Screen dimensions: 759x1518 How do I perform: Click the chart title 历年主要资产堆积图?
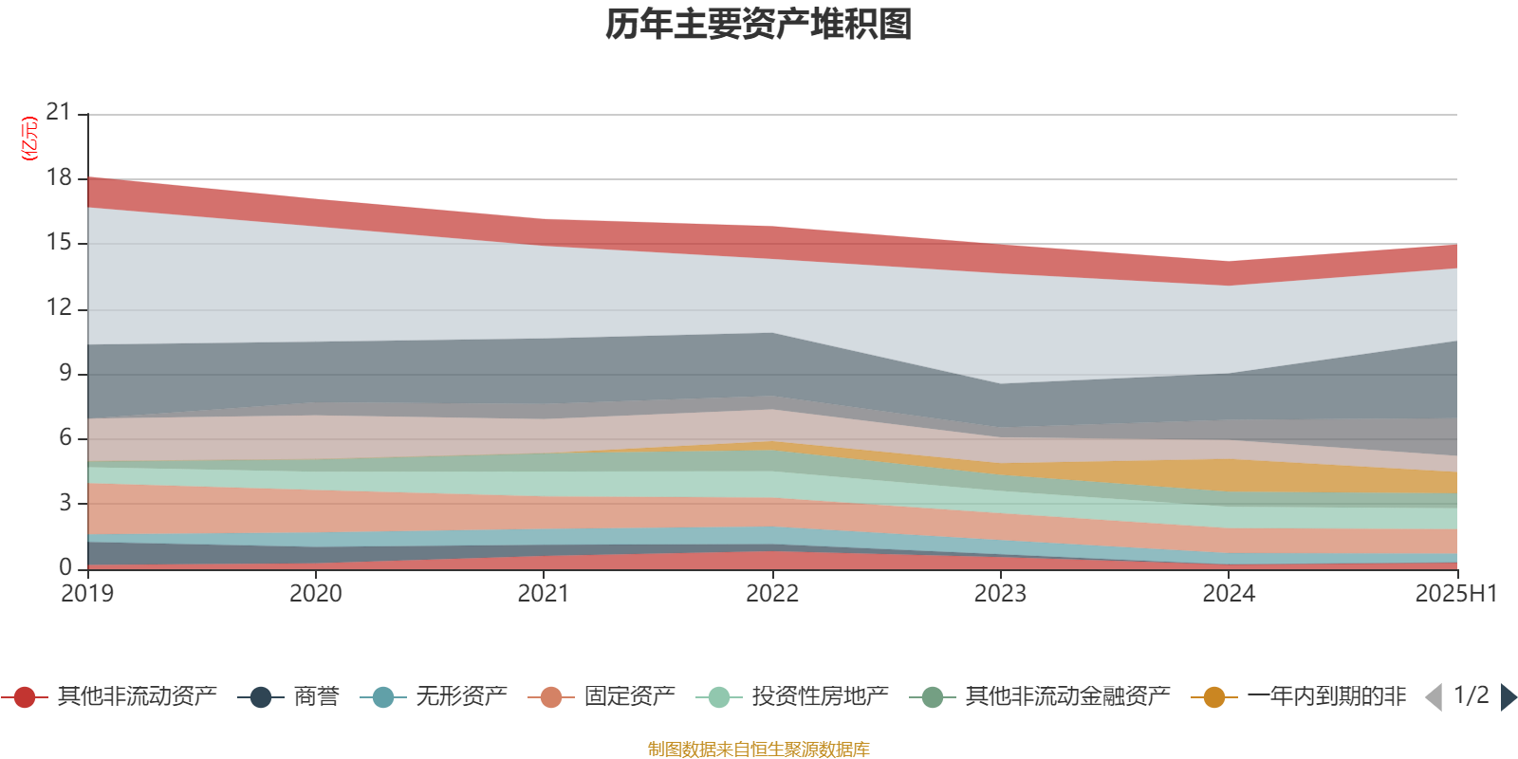(759, 25)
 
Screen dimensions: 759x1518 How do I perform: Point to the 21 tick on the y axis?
(59, 112)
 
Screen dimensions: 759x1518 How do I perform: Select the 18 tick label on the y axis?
(59, 177)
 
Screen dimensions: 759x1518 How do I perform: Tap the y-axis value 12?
(59, 307)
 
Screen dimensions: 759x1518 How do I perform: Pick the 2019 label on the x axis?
(87, 594)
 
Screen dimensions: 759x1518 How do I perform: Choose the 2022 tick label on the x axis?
(772, 594)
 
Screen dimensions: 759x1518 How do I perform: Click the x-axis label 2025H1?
(1455, 594)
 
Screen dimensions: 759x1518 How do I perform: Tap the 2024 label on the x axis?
(1229, 594)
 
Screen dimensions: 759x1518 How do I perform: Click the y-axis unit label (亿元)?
(29, 139)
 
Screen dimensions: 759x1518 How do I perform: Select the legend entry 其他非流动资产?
(137, 697)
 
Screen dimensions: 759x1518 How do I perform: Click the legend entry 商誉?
(316, 697)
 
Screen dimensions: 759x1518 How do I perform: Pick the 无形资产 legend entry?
(461, 697)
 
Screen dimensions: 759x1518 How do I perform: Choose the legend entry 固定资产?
(629, 697)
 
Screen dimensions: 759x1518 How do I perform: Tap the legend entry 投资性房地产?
(820, 697)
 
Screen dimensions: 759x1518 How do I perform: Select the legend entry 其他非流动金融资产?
(1067, 697)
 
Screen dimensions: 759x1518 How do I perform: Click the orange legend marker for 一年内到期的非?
(1213, 697)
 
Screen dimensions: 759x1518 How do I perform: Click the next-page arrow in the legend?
(1508, 697)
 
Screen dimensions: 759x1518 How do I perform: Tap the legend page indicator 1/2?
(1471, 695)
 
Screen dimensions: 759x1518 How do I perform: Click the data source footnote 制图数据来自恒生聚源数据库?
(759, 750)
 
